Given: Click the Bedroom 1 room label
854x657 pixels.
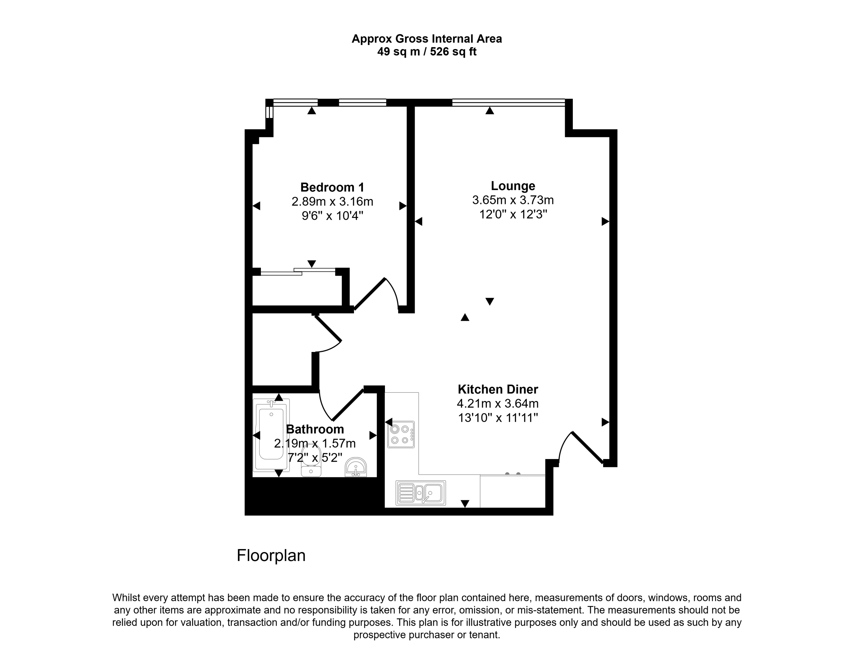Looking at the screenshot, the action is click(332, 187).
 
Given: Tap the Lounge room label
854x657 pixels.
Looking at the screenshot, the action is click(513, 186).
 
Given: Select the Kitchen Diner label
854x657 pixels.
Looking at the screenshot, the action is click(498, 389).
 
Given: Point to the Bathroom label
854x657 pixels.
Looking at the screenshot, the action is click(315, 429).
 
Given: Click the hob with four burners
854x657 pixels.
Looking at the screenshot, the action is click(401, 434).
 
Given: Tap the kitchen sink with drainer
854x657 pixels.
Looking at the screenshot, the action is click(421, 493).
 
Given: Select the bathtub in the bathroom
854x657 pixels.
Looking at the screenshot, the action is click(271, 435).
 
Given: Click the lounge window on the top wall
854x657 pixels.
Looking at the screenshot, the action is click(509, 103).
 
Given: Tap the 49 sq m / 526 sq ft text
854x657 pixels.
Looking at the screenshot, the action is click(427, 52).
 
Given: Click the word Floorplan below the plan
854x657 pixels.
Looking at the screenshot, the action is click(271, 555).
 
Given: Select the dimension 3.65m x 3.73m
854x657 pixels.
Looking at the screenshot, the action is click(513, 200).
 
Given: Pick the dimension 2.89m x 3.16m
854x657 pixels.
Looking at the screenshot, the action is click(332, 202).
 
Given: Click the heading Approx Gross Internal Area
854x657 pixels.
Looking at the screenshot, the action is click(427, 39).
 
